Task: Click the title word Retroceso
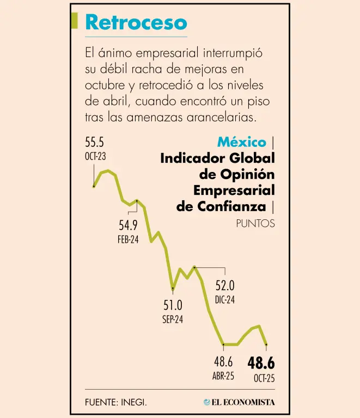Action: tap(136, 23)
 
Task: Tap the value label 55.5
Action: tap(94, 143)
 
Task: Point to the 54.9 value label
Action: tap(128, 225)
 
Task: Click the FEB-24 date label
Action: tap(128, 239)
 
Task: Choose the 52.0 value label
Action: tap(225, 285)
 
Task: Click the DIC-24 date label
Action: tap(225, 299)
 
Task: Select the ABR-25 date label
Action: tap(223, 376)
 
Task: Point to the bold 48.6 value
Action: tap(261, 362)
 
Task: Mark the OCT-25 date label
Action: tap(264, 378)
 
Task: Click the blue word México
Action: tap(242, 143)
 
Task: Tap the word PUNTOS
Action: tap(255, 224)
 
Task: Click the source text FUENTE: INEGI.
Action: tap(116, 403)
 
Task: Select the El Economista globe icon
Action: tap(207, 403)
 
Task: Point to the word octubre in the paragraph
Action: tap(105, 85)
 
